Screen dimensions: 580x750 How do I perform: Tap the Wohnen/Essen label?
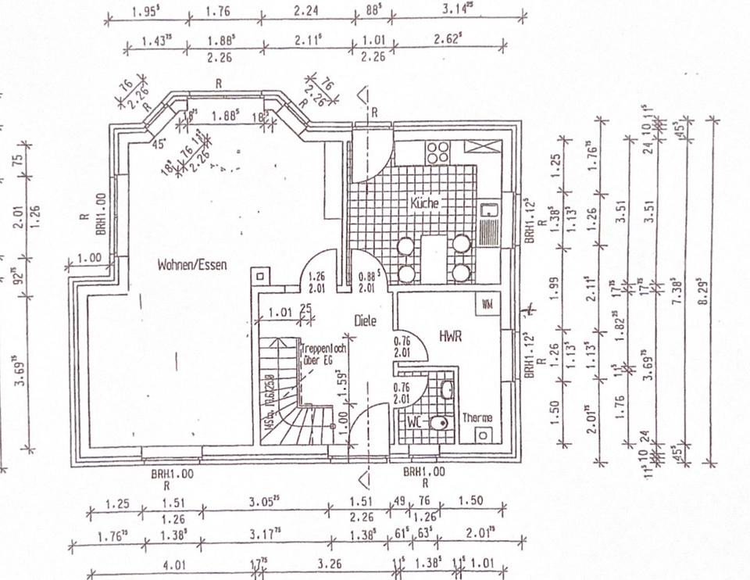tap(191, 265)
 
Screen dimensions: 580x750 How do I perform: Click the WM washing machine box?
tap(487, 303)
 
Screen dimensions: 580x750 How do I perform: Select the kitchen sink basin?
tap(489, 210)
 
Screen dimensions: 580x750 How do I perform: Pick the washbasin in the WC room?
tap(447, 389)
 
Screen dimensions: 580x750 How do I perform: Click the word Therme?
tap(477, 418)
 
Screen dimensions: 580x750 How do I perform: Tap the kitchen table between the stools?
tap(433, 258)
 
